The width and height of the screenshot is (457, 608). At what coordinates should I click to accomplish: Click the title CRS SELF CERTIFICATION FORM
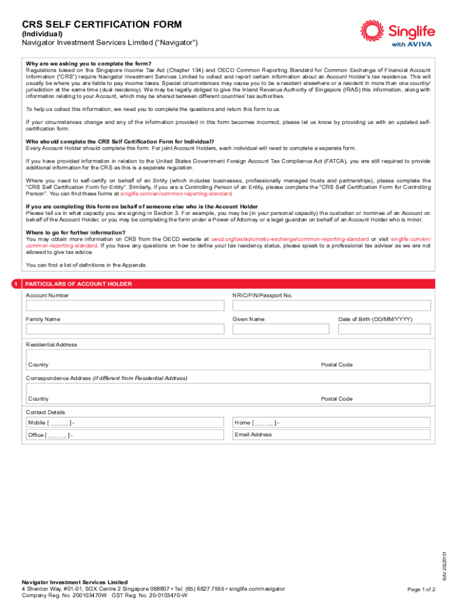pyautogui.click(x=101, y=24)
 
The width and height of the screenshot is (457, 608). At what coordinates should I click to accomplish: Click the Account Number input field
pyautogui.click(x=125, y=305)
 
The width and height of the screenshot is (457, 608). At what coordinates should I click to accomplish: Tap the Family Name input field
pyautogui.click(x=125, y=329)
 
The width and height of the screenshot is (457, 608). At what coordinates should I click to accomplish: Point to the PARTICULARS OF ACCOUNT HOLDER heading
pyautogui.click(x=78, y=284)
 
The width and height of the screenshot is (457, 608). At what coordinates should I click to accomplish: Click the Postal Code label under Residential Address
pyautogui.click(x=337, y=365)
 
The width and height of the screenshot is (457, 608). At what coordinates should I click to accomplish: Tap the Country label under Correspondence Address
pyautogui.click(x=39, y=399)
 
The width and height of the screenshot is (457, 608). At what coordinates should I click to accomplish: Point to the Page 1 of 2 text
pyautogui.click(x=421, y=590)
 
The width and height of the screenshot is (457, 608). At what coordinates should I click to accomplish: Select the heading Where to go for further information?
pyautogui.click(x=75, y=232)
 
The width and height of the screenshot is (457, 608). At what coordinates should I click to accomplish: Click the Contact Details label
pyautogui.click(x=45, y=412)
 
